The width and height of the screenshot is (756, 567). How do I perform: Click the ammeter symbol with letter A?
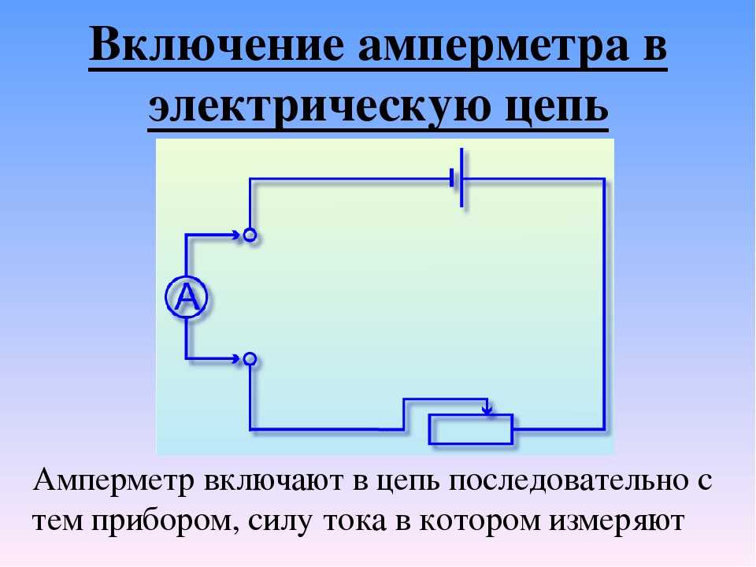(187, 297)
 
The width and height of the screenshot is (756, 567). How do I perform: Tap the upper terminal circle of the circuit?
(250, 235)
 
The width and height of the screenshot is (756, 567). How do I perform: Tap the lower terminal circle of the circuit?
(250, 359)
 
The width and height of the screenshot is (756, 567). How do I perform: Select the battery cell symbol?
(458, 178)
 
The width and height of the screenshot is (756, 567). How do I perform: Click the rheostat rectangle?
(471, 429)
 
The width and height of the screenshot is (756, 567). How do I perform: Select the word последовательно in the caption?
(569, 481)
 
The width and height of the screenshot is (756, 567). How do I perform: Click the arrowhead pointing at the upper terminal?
(236, 235)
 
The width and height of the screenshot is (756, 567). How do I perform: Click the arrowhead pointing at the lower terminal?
(236, 359)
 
